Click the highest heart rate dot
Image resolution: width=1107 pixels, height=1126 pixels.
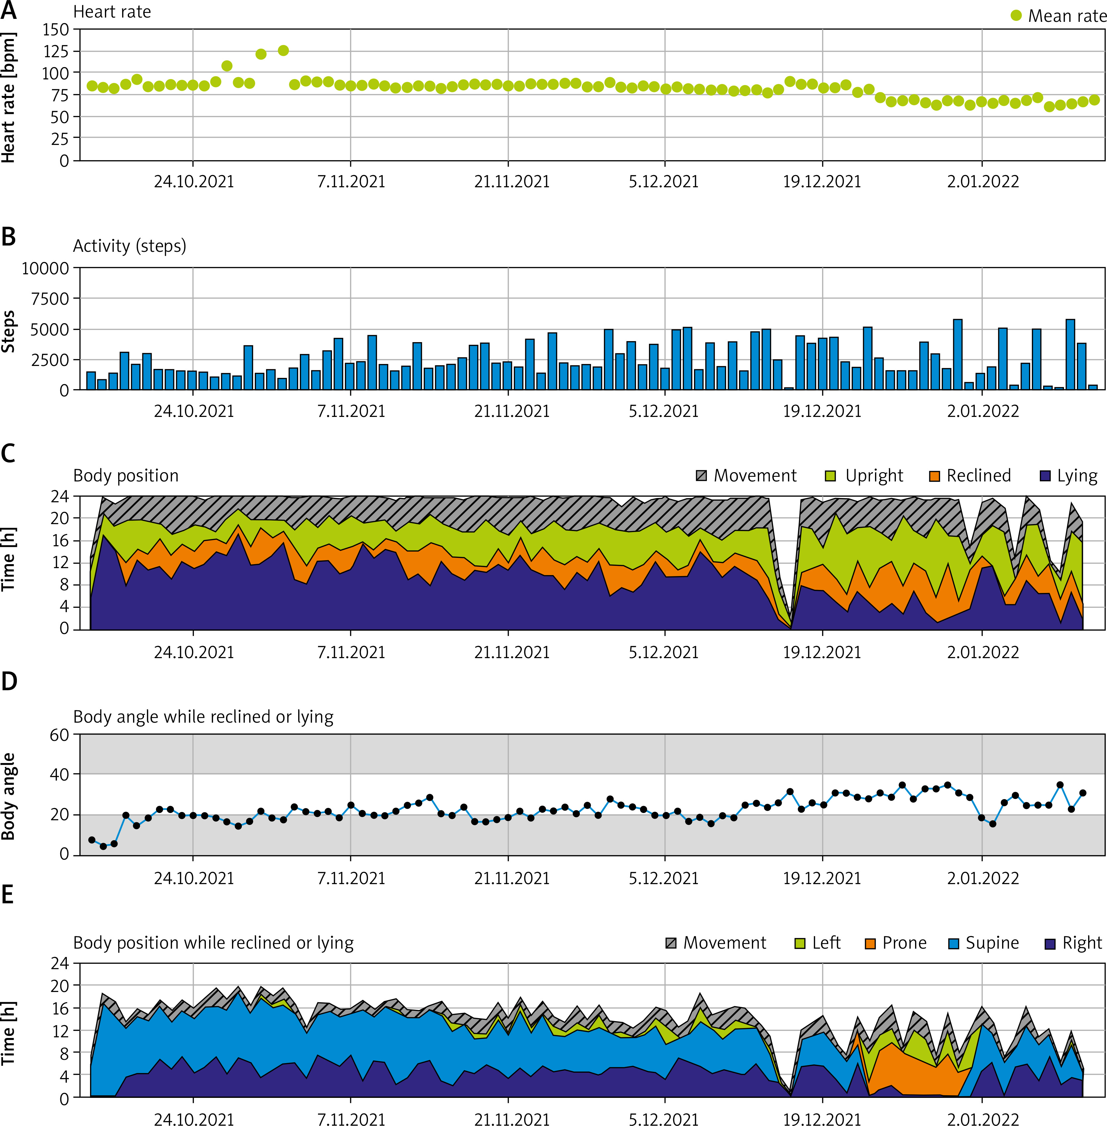click(283, 51)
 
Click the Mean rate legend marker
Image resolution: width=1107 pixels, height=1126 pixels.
click(1016, 16)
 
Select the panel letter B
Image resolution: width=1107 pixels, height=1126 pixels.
click(9, 237)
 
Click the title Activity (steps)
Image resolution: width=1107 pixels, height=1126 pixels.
click(129, 246)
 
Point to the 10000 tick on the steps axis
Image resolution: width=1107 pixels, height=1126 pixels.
click(45, 269)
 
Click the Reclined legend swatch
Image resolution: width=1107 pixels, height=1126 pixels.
click(934, 476)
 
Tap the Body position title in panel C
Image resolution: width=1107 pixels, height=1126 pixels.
click(125, 475)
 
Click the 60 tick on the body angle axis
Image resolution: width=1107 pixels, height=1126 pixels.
click(59, 735)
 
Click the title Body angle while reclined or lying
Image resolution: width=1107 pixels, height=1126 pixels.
click(203, 717)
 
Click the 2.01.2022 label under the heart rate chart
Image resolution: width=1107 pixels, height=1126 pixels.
click(983, 181)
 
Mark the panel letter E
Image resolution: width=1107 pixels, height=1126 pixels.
click(8, 895)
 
